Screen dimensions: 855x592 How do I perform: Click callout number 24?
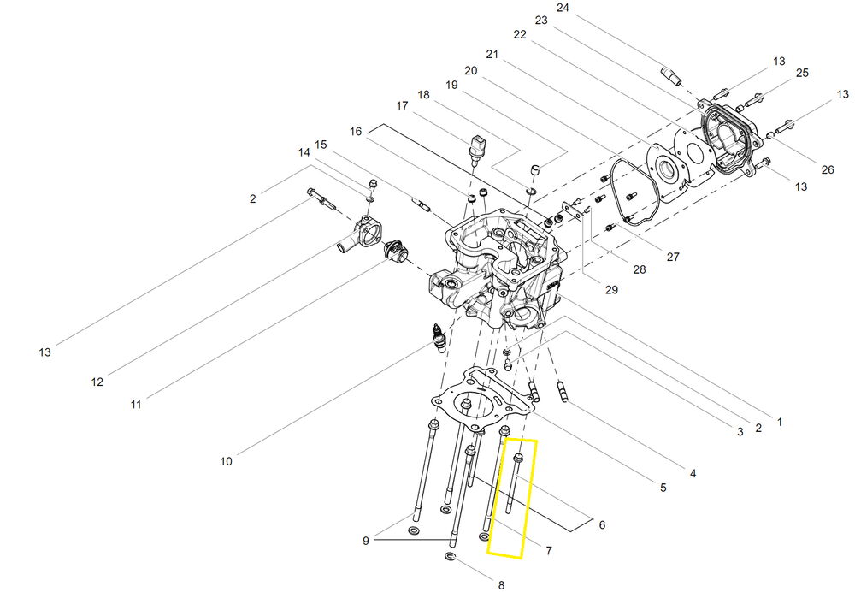point(563,9)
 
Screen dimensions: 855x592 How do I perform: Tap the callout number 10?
point(226,462)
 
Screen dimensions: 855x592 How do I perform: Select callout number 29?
point(612,290)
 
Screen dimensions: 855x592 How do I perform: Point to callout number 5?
point(663,488)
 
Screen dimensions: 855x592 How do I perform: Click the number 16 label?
point(356,132)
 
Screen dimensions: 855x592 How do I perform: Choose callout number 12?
point(97,382)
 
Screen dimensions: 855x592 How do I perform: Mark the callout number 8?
point(501,585)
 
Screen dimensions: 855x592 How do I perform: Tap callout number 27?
point(673,257)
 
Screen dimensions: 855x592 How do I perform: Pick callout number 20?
point(470,71)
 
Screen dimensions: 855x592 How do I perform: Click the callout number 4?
point(693,474)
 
